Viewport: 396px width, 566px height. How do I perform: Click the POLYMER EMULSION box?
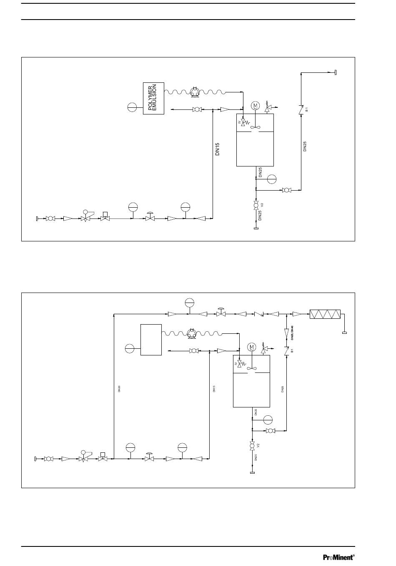[153, 99]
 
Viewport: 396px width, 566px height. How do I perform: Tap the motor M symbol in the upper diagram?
[255, 106]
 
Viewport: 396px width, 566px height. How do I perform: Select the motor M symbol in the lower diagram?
[251, 347]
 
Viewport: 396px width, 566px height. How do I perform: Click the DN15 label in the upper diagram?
[217, 149]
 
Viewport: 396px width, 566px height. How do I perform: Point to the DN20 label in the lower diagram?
[119, 389]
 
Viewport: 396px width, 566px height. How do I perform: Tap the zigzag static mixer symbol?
[325, 314]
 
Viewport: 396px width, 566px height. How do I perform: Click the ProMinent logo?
[338, 557]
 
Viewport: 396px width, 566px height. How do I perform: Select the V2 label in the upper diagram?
[262, 205]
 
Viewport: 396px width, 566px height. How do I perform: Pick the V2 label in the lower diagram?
[258, 445]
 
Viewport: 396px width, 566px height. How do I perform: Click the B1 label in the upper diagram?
[306, 109]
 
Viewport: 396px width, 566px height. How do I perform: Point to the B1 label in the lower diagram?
[292, 350]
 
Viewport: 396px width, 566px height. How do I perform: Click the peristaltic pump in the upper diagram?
[195, 92]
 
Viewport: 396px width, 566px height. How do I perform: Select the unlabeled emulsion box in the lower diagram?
[151, 340]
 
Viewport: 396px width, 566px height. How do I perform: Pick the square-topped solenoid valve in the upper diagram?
[105, 217]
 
